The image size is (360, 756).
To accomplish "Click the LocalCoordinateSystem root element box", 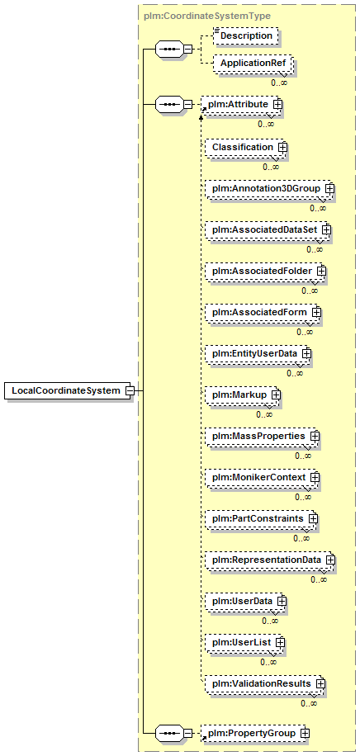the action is tap(69, 390).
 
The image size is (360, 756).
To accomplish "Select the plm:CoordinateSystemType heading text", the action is tap(207, 16).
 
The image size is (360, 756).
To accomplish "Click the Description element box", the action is tap(246, 36).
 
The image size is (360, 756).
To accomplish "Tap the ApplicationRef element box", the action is tap(253, 64).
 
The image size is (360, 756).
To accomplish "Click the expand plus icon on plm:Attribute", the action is tap(277, 104).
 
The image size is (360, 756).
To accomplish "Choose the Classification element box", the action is tap(245, 147).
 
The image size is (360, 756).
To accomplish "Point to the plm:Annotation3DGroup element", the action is tap(270, 188).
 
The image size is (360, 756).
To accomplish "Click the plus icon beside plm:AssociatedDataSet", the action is tap(326, 230).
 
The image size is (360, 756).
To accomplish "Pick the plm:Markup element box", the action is tap(243, 395).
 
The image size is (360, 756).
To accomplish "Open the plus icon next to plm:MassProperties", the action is tap(315, 436).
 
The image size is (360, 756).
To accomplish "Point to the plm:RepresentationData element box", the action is tap(270, 560).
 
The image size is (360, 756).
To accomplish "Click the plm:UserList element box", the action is tap(244, 643).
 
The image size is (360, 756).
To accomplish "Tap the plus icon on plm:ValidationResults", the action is tap(321, 683).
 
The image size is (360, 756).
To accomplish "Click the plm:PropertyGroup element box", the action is tap(255, 734).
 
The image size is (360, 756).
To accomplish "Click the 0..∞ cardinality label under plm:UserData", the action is tap(270, 621).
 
